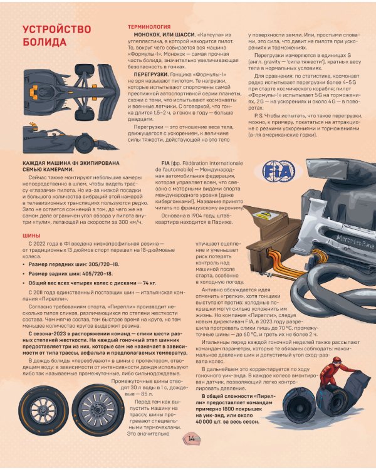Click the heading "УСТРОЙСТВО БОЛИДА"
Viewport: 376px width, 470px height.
[56, 35]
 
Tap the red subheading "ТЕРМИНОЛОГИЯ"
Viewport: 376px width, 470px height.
[149, 27]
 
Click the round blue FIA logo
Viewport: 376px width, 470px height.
[278, 171]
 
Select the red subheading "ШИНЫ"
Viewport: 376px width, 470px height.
[31, 236]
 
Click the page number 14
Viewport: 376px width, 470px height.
[191, 439]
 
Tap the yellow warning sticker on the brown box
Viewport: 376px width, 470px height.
[263, 215]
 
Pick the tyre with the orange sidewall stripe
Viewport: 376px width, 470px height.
[43, 410]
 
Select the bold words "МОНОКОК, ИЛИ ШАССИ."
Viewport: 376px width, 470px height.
[165, 34]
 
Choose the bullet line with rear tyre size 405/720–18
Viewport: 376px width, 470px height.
[68, 274]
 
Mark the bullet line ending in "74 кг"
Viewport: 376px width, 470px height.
[90, 283]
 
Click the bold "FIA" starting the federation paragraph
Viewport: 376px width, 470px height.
[165, 163]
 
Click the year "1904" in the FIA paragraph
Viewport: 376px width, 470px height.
[196, 216]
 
